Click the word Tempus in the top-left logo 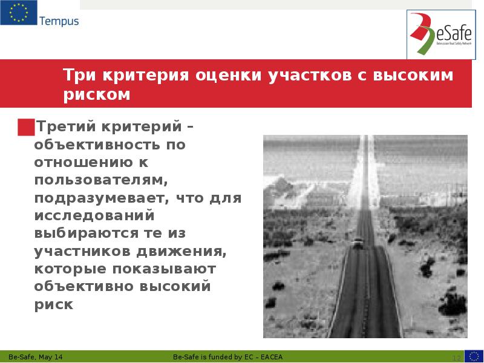[59, 22]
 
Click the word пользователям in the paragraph [99, 180]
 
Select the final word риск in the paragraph [54, 304]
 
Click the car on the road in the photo [359, 243]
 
